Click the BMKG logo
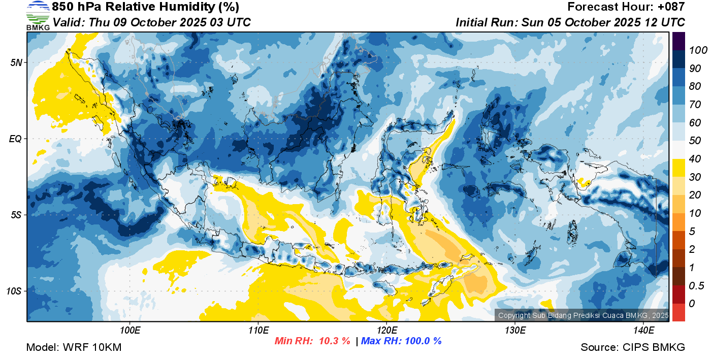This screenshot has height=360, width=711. (x=38, y=16)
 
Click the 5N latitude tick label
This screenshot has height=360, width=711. (x=16, y=62)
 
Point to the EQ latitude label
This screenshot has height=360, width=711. (x=16, y=139)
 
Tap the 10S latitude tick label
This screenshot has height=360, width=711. (x=14, y=291)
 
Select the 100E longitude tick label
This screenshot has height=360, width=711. (x=130, y=331)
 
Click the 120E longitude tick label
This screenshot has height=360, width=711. (x=387, y=331)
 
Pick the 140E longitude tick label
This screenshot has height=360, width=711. (x=643, y=331)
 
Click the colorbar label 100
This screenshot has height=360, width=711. (x=698, y=50)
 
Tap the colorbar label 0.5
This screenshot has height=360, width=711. (x=696, y=286)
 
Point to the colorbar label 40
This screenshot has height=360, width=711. (x=695, y=159)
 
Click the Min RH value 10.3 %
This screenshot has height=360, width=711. (x=335, y=341)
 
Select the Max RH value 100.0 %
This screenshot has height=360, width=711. (x=423, y=341)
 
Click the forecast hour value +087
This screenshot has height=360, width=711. (x=671, y=7)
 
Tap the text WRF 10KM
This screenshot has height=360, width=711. (x=92, y=347)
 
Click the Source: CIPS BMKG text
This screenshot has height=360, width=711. (x=633, y=347)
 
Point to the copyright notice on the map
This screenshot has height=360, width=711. (x=583, y=315)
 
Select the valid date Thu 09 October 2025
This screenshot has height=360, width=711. (x=148, y=22)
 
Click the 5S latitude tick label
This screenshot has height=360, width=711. (x=16, y=215)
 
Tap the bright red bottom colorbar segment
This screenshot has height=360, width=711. (x=678, y=312)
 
